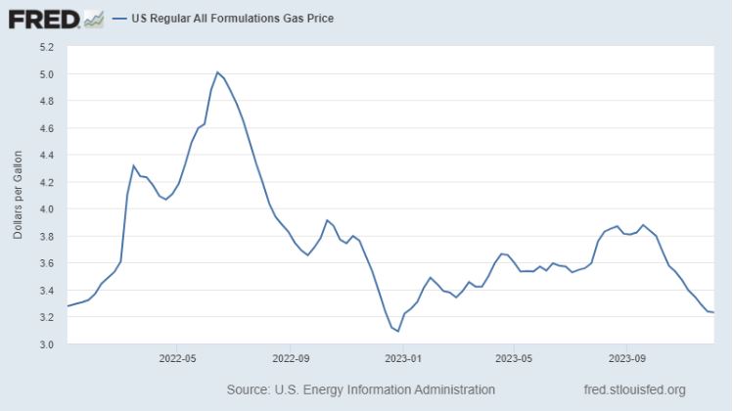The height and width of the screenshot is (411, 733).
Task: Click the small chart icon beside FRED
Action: tap(94, 18)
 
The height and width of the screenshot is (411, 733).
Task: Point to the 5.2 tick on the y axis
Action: tap(46, 47)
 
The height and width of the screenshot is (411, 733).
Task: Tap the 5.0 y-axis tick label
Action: tap(46, 74)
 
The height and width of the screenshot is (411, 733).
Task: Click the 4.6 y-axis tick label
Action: tap(46, 128)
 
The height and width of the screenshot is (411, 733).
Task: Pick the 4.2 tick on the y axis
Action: tap(46, 182)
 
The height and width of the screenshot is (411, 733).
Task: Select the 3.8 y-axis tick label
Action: tap(46, 236)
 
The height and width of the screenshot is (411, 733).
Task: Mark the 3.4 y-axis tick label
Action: tap(46, 291)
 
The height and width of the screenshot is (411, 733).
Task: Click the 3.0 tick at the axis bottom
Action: tap(46, 344)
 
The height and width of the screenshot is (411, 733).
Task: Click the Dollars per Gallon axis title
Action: tap(18, 196)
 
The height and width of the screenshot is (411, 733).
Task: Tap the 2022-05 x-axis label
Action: tap(178, 358)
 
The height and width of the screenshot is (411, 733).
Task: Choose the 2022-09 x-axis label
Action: tap(291, 358)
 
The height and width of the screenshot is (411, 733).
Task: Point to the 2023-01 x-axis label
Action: tap(403, 358)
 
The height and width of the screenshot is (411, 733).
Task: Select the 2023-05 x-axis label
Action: tap(514, 358)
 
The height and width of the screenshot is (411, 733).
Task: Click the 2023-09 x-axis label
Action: tap(626, 358)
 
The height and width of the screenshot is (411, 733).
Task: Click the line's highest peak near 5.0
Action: tap(217, 71)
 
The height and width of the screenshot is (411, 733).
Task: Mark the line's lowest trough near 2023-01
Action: tap(397, 331)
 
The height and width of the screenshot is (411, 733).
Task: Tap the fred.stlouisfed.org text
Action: tap(633, 389)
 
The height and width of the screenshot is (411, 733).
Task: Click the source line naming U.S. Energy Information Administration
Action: tap(360, 389)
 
